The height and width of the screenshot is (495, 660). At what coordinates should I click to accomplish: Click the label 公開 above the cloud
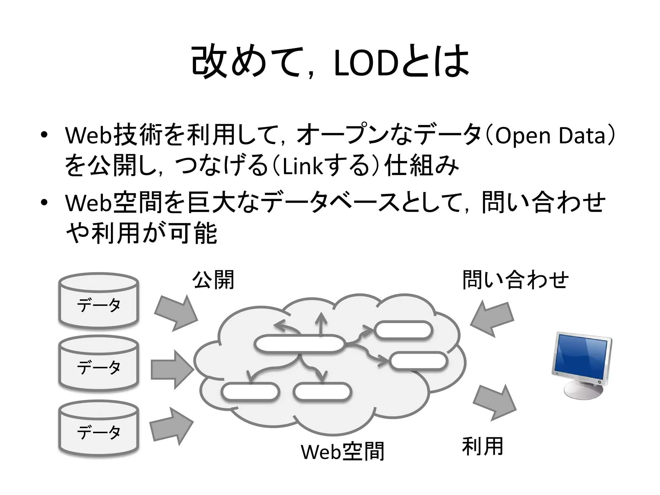pyautogui.click(x=213, y=280)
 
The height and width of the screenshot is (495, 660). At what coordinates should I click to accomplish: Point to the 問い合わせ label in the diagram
pyautogui.click(x=515, y=280)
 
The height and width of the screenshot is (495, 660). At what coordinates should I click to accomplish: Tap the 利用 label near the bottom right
pyautogui.click(x=482, y=446)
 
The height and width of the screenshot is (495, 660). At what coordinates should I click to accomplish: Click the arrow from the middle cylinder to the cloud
pyautogui.click(x=172, y=369)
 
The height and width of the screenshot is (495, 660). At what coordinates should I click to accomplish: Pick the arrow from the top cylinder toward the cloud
pyautogui.click(x=176, y=312)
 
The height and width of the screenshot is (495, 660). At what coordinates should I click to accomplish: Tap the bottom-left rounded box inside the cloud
pyautogui.click(x=250, y=392)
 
